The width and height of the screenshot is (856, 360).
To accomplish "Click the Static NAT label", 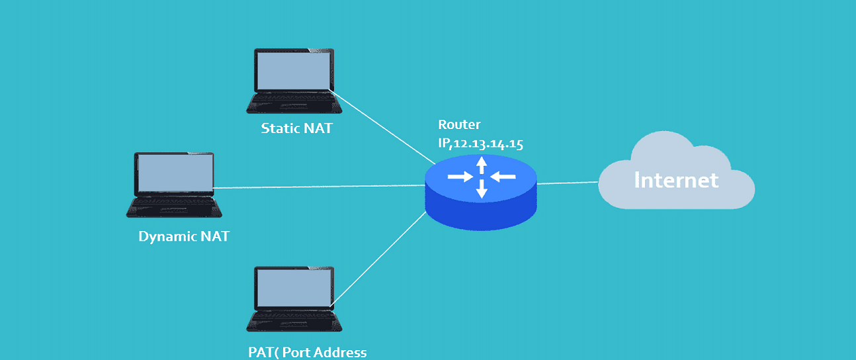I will pyautogui.click(x=296, y=128).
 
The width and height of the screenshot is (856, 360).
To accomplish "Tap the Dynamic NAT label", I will pyautogui.click(x=183, y=236).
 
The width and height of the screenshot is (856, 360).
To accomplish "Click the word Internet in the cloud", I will pyautogui.click(x=676, y=179).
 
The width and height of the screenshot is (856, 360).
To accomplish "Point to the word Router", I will pyautogui.click(x=459, y=124).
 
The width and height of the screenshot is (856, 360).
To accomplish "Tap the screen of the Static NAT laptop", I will pyautogui.click(x=293, y=70).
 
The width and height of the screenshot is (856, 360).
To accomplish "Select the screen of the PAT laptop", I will pyautogui.click(x=293, y=289).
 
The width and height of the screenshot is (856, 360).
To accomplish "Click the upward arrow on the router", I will pyautogui.click(x=482, y=164).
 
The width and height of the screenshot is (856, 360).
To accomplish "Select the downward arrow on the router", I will pyautogui.click(x=482, y=189).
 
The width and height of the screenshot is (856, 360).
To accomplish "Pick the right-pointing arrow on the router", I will pyautogui.click(x=460, y=177).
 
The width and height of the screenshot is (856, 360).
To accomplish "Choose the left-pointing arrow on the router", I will pyautogui.click(x=503, y=176).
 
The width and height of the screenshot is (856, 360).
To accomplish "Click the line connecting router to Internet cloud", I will pyautogui.click(x=568, y=183).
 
